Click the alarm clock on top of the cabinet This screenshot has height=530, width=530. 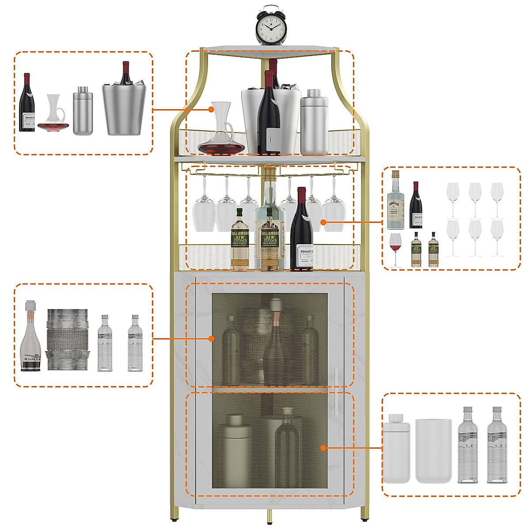pyautogui.click(x=271, y=26)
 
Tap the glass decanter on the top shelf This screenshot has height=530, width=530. pyautogui.click(x=221, y=132)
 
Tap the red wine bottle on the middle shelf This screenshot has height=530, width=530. pyautogui.click(x=302, y=232)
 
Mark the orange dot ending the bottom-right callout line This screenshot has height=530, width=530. pyautogui.click(x=324, y=448)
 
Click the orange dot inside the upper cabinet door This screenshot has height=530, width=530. pyautogui.click(x=211, y=339)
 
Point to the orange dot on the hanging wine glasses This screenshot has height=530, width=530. pyautogui.click(x=324, y=222)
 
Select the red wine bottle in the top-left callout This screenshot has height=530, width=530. pyautogui.click(x=27, y=104)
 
